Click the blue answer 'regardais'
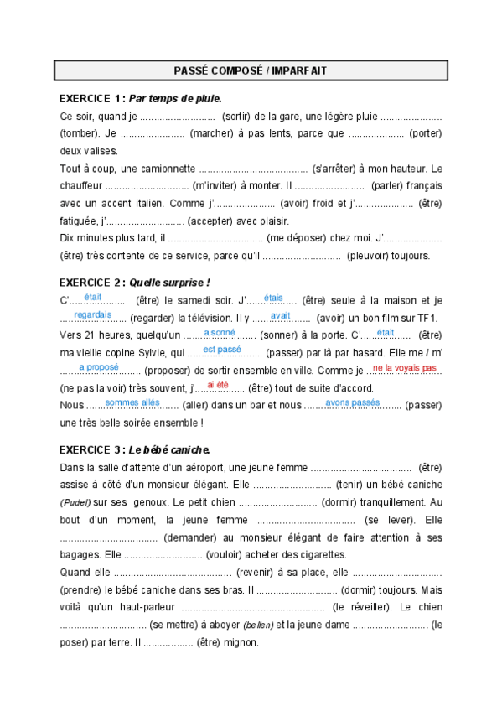tap(92, 315)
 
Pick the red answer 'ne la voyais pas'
tap(404, 367)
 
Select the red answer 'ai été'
tap(217, 384)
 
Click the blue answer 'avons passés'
tap(353, 402)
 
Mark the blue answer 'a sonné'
tap(220, 333)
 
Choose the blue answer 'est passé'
tap(222, 349)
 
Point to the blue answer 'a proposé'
tap(99, 367)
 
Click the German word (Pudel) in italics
tap(76, 502)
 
